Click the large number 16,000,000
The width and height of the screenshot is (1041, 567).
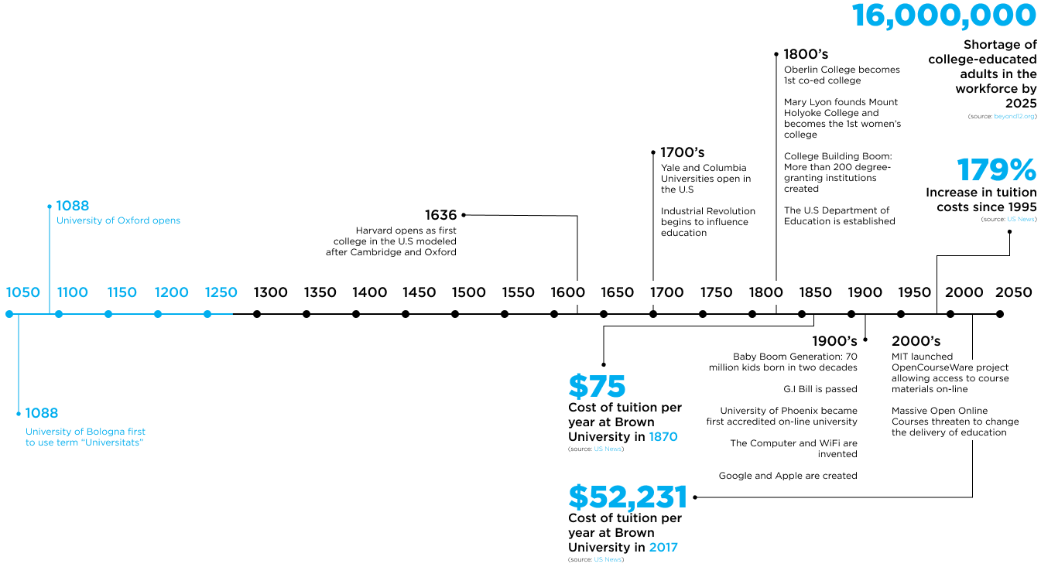(x=943, y=15)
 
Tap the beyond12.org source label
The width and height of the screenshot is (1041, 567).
(x=1014, y=117)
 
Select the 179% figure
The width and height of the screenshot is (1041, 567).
(x=996, y=170)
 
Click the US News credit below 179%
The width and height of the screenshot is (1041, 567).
(x=1020, y=220)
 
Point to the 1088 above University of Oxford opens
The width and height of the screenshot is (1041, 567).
(x=73, y=206)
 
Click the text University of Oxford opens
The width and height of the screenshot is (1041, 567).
(x=118, y=220)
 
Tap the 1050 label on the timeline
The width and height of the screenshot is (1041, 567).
(x=23, y=292)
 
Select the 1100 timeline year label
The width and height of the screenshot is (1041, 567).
(x=73, y=292)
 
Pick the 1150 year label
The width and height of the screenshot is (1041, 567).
(x=122, y=292)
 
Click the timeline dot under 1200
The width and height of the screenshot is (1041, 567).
(x=158, y=314)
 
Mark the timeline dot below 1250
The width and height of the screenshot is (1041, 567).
(x=207, y=314)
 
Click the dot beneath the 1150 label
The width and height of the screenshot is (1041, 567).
(x=108, y=314)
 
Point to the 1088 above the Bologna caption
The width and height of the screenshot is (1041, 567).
(x=42, y=413)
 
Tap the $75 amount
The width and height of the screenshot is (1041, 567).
(x=597, y=387)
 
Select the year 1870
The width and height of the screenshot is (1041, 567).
(x=663, y=437)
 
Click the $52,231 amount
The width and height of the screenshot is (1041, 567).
(x=628, y=497)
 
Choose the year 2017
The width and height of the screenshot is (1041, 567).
(x=663, y=548)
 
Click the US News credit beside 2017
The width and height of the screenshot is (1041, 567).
(x=608, y=559)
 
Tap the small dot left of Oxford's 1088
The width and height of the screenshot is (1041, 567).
(x=50, y=207)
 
